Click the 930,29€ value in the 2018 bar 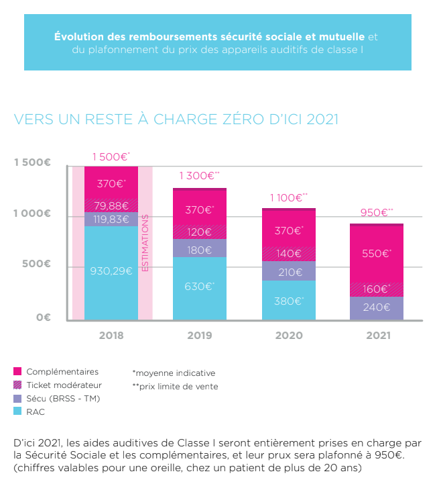click(x=111, y=272)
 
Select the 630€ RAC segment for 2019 click(x=200, y=287)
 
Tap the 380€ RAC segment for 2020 click(x=288, y=301)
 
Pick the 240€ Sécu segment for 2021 click(x=377, y=307)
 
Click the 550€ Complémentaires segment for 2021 click(x=377, y=254)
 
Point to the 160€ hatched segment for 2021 click(x=377, y=289)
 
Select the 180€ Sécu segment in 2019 click(x=200, y=250)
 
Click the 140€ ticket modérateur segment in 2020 click(x=288, y=254)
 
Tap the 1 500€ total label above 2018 click(x=111, y=157)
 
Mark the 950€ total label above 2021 click(x=376, y=212)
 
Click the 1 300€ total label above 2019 click(x=199, y=176)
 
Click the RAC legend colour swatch click(x=18, y=411)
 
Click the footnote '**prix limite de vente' click(x=175, y=386)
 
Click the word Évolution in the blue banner click(x=78, y=36)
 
